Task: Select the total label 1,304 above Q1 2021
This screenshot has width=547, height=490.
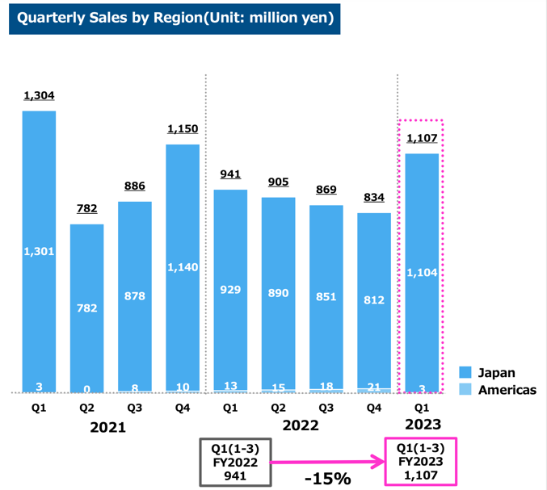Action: [x=39, y=96]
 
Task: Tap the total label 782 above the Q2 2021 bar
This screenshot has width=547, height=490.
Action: [x=86, y=209]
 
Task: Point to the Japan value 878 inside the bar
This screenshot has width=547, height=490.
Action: [x=134, y=296]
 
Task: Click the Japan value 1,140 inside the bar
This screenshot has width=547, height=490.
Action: [x=183, y=267]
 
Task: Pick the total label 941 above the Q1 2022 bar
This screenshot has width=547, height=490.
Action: [x=230, y=174]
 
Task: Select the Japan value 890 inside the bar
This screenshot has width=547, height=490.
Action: [x=279, y=293]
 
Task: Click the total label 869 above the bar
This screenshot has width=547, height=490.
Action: [x=326, y=190]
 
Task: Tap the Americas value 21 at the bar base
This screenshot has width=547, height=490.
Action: [x=374, y=386]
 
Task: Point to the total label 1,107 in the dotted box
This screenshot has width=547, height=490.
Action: [x=422, y=138]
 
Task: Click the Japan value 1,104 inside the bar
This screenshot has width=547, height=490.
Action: [x=422, y=273]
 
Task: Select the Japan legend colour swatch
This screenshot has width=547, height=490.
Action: [x=465, y=373]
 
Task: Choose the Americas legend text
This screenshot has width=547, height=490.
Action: [x=507, y=390]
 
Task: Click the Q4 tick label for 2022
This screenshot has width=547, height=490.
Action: [x=374, y=408]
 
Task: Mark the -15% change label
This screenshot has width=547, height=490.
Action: [x=327, y=478]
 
